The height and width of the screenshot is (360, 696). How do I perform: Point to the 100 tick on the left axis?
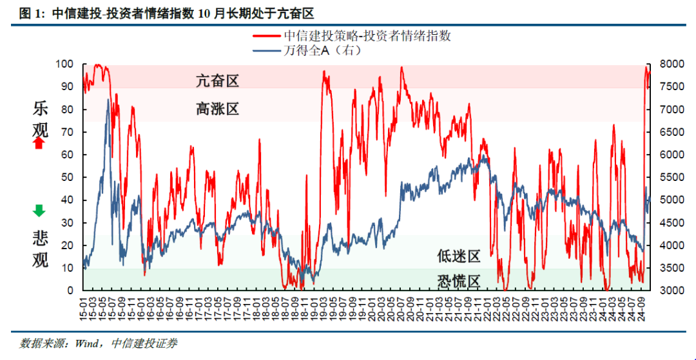tap(66, 64)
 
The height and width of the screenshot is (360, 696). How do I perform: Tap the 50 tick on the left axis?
tap(68, 177)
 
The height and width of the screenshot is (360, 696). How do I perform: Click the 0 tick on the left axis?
tap(71, 290)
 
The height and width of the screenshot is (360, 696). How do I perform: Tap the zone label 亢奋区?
tap(217, 81)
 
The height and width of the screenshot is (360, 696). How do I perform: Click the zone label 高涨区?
tap(217, 109)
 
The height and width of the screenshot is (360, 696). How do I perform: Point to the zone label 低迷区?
tap(459, 256)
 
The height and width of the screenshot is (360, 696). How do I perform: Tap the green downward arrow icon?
tap(39, 210)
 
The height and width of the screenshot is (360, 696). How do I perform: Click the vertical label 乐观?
tap(39, 120)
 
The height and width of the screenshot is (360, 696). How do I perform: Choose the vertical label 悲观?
tap(39, 250)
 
